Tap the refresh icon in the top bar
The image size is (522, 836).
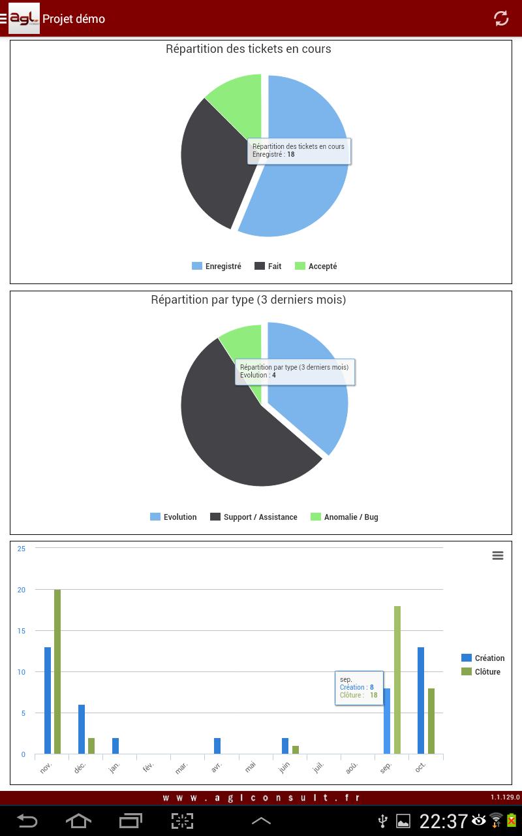coord(501,18)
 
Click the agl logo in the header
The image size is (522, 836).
coord(24,18)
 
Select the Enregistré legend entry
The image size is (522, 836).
coord(217,266)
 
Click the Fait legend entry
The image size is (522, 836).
coord(268,266)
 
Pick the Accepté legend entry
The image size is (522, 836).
coord(316,266)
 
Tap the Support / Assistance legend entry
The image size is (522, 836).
coord(254,517)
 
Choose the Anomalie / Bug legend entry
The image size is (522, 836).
coord(345,517)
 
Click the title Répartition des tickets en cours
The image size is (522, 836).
coord(249,49)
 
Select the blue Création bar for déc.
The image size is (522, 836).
coord(82,730)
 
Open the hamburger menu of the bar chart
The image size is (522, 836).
coord(498,556)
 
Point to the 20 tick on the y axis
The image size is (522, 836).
coord(22,590)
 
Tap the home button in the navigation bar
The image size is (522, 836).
coord(78,820)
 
